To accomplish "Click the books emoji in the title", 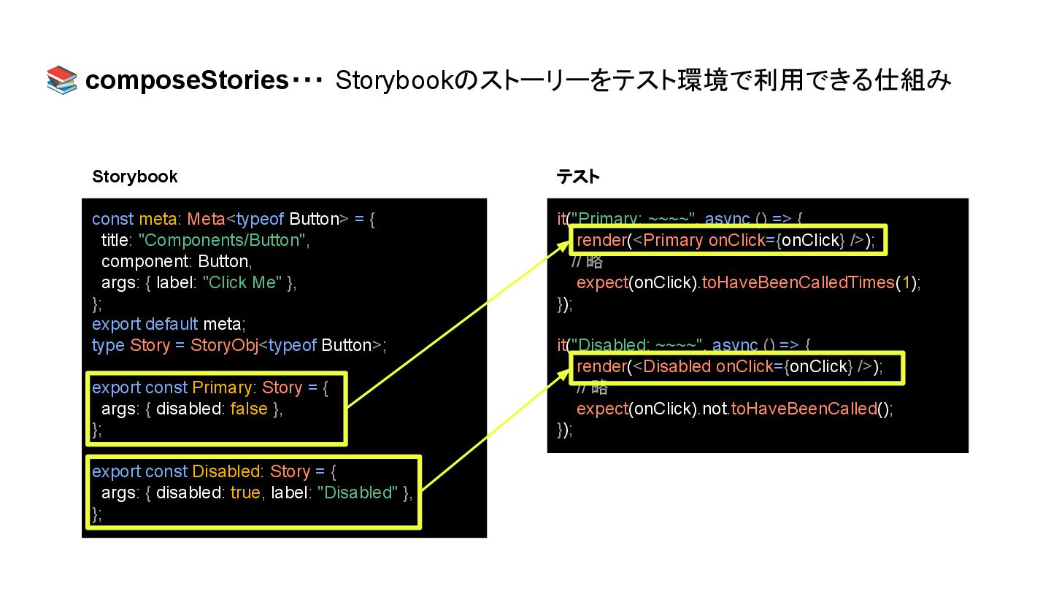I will [61, 80].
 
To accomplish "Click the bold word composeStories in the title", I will [186, 81].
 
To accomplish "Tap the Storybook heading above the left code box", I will [134, 177].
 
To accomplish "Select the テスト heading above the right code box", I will [578, 177].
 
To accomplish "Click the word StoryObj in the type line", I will [224, 345].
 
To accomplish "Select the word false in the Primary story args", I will [249, 409].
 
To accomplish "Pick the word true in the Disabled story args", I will [245, 492].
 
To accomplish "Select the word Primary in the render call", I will [673, 240].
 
